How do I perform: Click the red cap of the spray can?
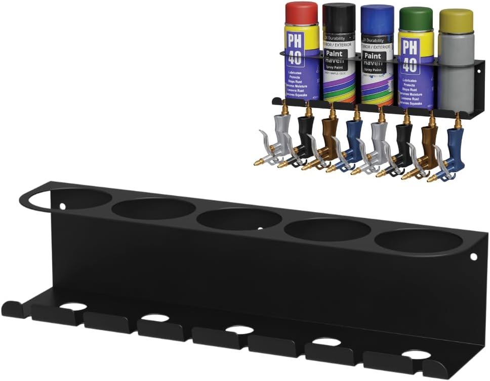tap(301, 12)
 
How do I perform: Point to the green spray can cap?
tap(416, 18)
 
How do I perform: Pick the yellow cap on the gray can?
tap(456, 20)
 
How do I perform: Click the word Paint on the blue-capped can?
tap(373, 56)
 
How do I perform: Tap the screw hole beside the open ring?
tap(63, 206)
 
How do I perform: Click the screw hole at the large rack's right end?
tap(473, 257)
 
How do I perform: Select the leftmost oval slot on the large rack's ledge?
tap(73, 306)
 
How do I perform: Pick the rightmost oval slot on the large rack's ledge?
tap(416, 354)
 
